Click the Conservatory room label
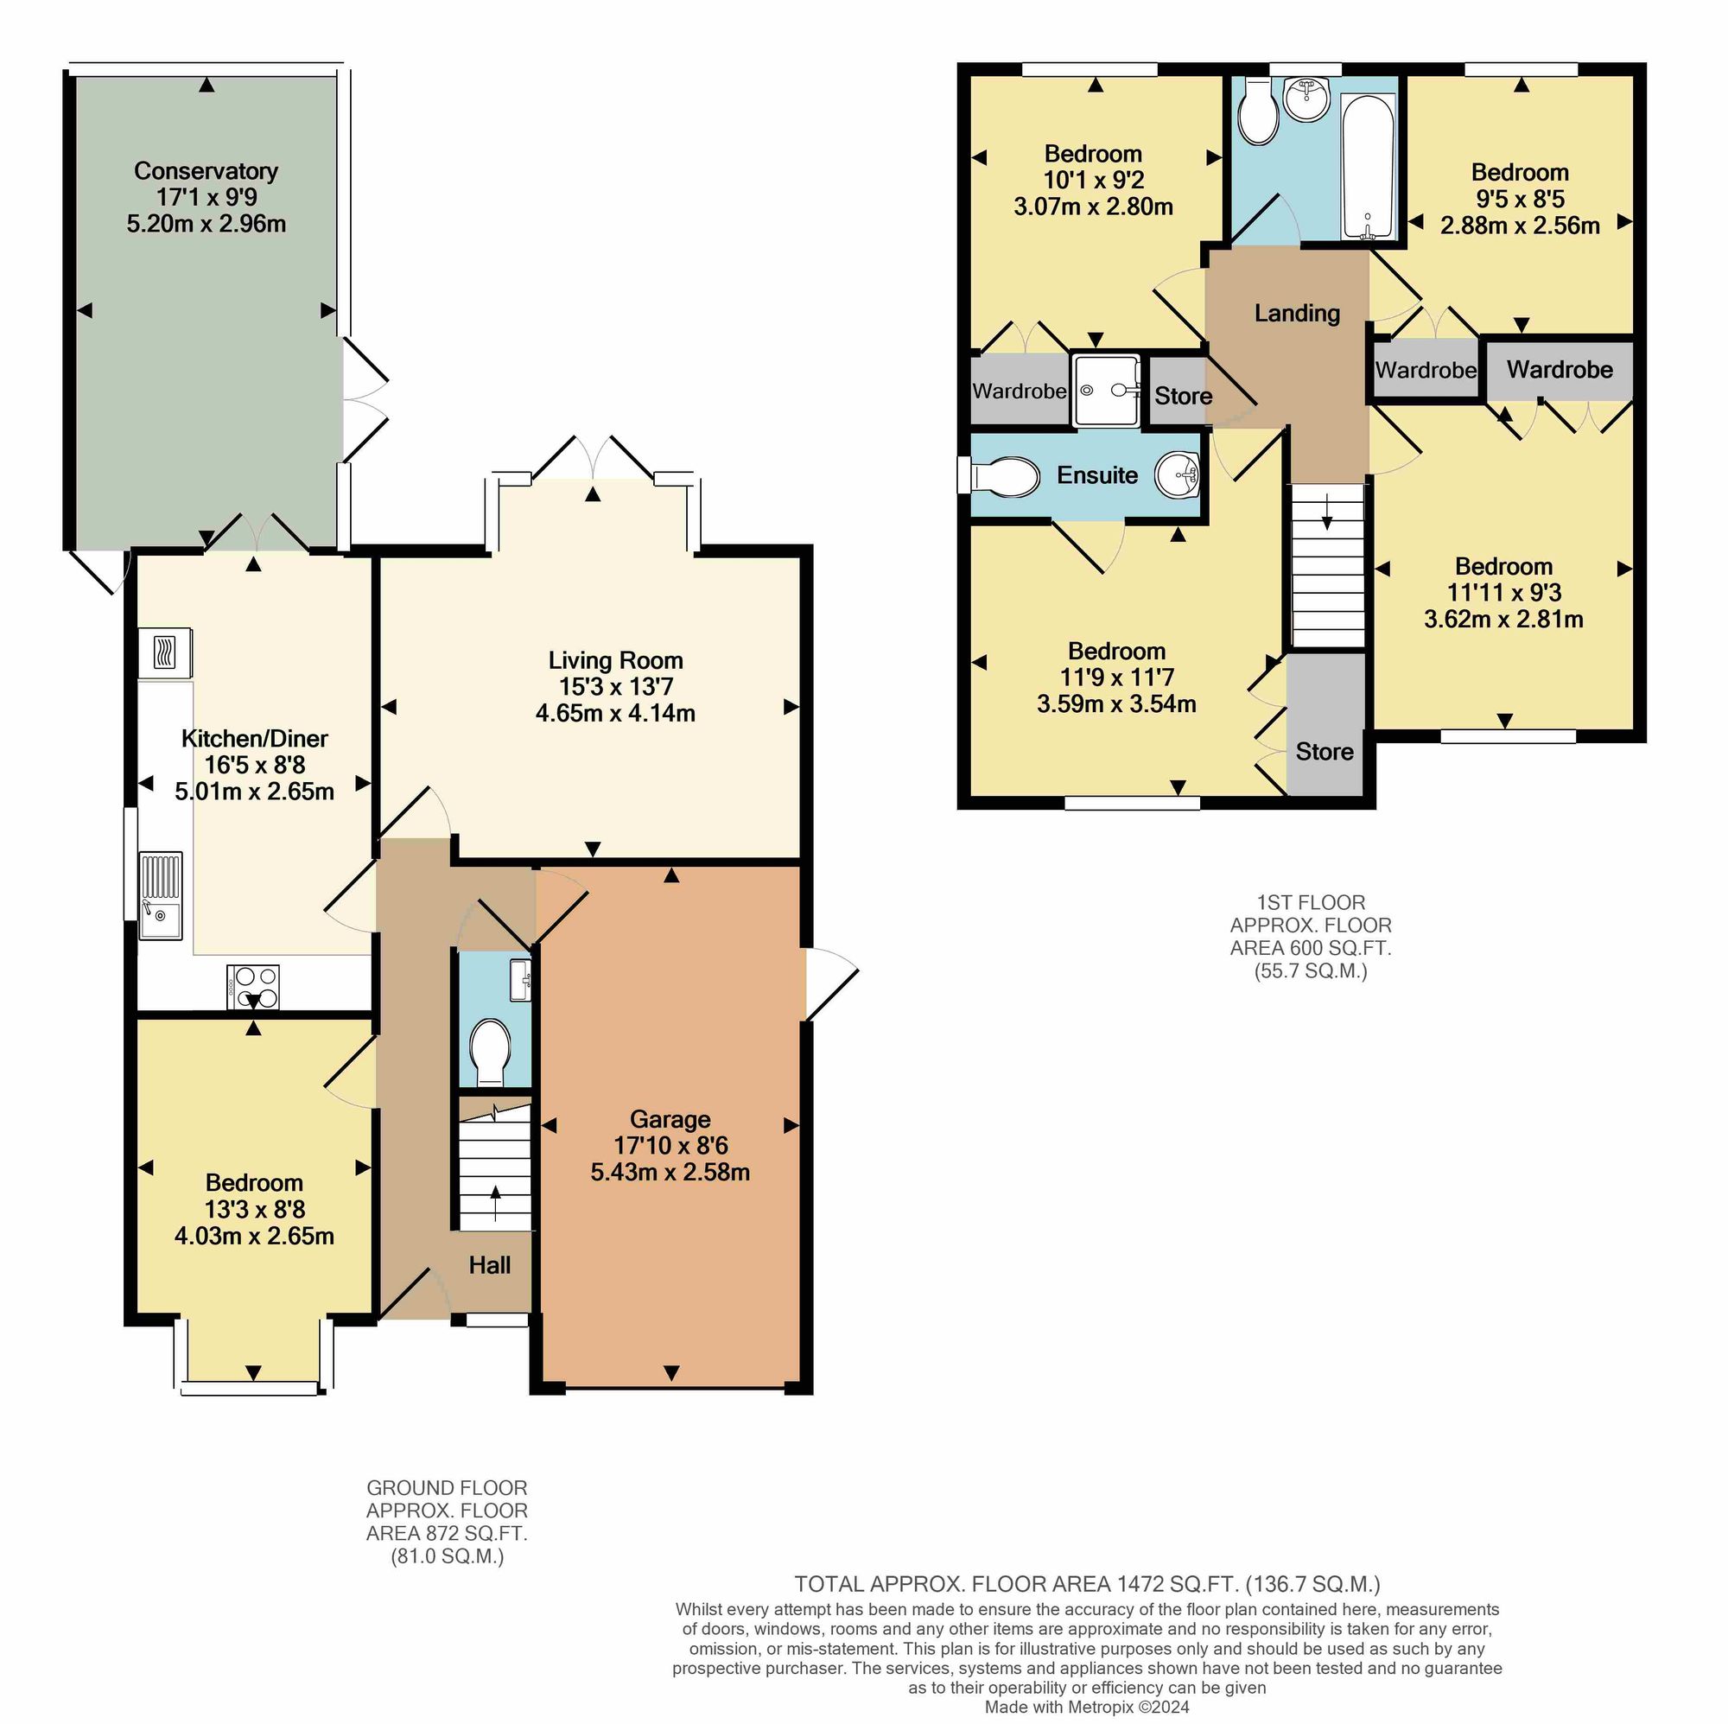pos(206,171)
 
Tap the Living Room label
pos(615,661)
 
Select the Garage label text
pos(670,1120)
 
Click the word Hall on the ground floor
pos(490,1265)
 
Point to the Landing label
pos(1297,313)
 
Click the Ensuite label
pos(1097,475)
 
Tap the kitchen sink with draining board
pos(161,895)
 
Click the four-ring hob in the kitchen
pos(253,988)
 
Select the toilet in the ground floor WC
pos(490,1051)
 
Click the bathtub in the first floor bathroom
pos(1369,167)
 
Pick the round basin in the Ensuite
pos(1177,474)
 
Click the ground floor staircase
pos(494,1167)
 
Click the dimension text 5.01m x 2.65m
pos(255,792)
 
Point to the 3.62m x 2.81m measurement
pos(1503,619)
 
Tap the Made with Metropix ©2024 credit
pos(1087,1707)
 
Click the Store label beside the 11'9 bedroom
pos(1325,752)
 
